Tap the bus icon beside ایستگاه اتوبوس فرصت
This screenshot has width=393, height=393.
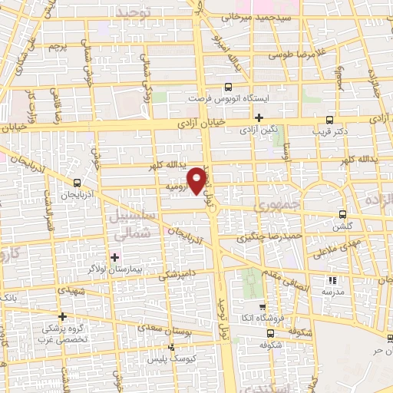click(228, 88)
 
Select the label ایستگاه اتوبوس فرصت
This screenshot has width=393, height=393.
click(227, 100)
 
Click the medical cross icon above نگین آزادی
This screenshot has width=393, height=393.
click(259, 117)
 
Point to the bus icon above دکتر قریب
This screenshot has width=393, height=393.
click(329, 119)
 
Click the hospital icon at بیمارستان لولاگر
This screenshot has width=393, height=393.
click(115, 256)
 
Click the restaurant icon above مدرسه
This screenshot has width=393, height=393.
click(332, 280)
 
